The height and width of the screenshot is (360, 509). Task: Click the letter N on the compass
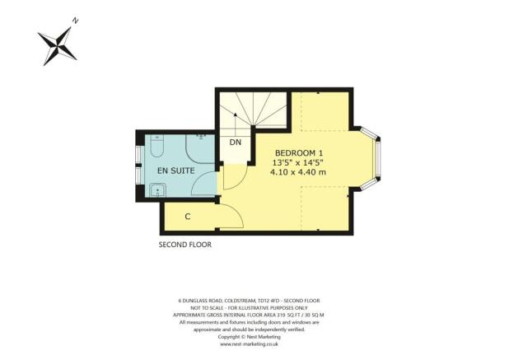point(76,21)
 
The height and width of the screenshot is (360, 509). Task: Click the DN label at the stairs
point(236,142)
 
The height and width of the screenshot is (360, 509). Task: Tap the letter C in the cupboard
point(188,217)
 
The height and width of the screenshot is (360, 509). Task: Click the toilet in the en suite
point(158,148)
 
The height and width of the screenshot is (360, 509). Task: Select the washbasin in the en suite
point(156,190)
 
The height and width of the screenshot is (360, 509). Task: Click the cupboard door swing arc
point(230,217)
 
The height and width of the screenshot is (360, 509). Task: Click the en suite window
point(139,171)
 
